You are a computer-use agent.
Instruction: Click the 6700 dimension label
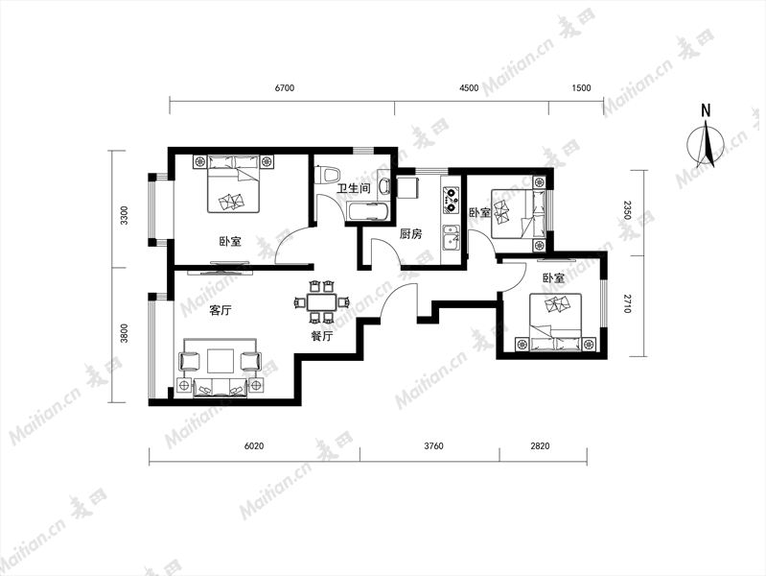pos(285,88)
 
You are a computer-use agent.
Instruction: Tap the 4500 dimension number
pos(469,88)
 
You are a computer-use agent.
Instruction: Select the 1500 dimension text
pos(581,88)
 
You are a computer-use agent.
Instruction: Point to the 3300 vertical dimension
pos(124,215)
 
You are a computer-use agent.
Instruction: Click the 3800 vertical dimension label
pos(124,333)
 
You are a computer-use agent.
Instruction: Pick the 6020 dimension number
pos(254,445)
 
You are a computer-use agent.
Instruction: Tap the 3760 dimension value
pos(433,445)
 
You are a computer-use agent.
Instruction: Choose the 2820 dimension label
pos(540,445)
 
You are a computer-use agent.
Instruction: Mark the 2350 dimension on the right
pos(627,210)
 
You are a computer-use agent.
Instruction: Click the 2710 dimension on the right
pos(627,304)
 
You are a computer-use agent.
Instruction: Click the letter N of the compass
pos(706,111)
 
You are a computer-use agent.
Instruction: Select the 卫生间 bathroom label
pos(354,188)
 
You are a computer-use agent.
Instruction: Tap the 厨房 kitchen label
pos(410,234)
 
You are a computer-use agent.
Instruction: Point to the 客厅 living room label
pos(221,310)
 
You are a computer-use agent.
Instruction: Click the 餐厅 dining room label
pos(322,336)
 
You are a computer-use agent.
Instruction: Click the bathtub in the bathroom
pos(367,212)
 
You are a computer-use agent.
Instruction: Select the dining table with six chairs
pos(321,302)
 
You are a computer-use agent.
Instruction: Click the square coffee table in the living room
pos(221,361)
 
